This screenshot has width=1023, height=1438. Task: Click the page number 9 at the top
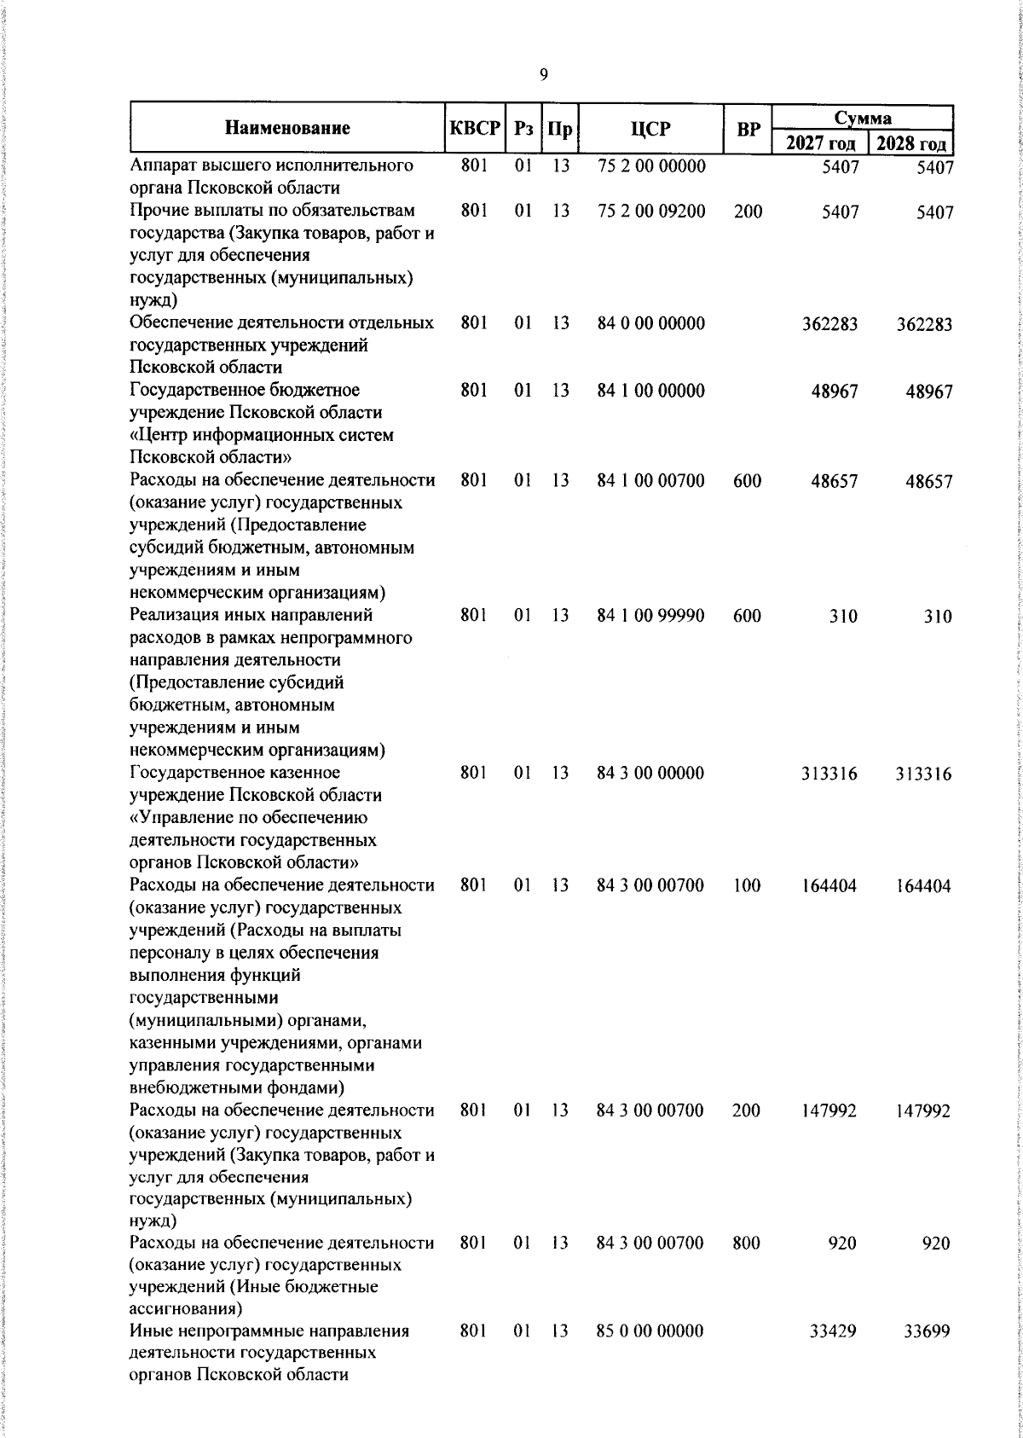click(x=544, y=75)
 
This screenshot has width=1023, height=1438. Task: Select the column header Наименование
click(x=287, y=129)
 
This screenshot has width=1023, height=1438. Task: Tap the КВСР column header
click(x=474, y=129)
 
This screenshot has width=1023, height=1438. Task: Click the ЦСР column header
click(x=651, y=129)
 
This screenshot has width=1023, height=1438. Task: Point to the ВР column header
click(x=748, y=130)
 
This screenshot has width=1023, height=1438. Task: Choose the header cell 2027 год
click(x=819, y=142)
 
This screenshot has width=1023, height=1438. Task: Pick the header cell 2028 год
click(x=911, y=142)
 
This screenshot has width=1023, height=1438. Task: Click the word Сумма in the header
click(x=863, y=117)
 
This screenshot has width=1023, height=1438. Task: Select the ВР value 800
click(x=747, y=1244)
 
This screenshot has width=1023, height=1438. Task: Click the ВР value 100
click(x=747, y=886)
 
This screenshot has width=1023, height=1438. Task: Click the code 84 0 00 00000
click(x=651, y=324)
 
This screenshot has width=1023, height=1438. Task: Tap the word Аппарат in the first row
click(x=163, y=166)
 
